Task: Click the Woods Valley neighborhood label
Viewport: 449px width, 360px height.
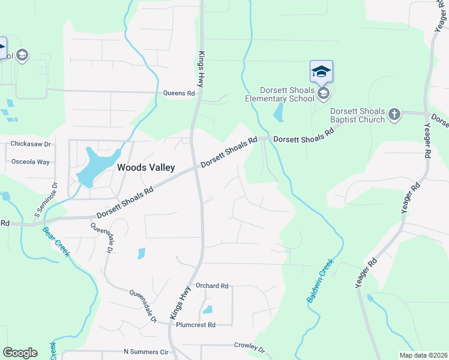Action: tap(146, 168)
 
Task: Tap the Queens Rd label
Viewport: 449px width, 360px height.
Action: tap(179, 94)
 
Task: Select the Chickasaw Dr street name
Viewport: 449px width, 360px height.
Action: tap(30, 144)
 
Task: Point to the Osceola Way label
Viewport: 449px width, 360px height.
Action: tap(31, 162)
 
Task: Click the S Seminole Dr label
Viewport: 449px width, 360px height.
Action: tap(46, 199)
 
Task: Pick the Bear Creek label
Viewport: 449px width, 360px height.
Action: tap(56, 241)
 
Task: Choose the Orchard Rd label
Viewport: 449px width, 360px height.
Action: tap(212, 286)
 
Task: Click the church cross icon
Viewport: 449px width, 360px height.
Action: tap(394, 114)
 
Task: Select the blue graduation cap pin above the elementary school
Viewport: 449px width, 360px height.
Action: tap(321, 72)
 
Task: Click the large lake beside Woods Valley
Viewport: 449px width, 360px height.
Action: tap(96, 164)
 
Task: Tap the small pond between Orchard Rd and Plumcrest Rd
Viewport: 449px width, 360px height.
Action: tap(208, 310)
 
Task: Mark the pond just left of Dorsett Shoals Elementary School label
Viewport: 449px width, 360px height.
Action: tap(279, 112)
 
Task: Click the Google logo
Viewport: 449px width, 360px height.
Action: tap(20, 353)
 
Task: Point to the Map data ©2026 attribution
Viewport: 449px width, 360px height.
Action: tap(423, 355)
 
